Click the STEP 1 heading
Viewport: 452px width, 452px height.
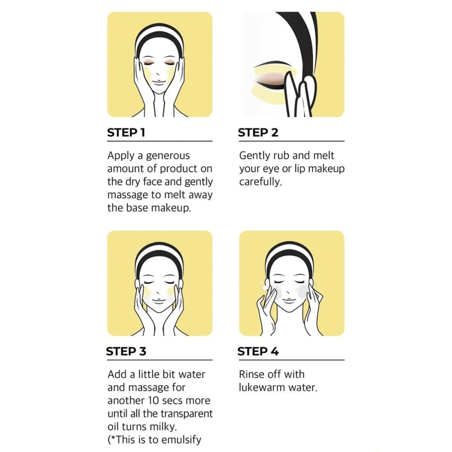(x=126, y=133)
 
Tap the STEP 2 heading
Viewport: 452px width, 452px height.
(x=258, y=133)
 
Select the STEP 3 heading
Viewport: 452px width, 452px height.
(x=126, y=351)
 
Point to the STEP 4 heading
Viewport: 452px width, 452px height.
(x=258, y=351)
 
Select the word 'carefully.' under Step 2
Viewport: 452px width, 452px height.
(x=260, y=182)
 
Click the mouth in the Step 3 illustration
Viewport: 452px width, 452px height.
(x=159, y=299)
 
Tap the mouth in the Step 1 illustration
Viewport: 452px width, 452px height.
(x=159, y=81)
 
